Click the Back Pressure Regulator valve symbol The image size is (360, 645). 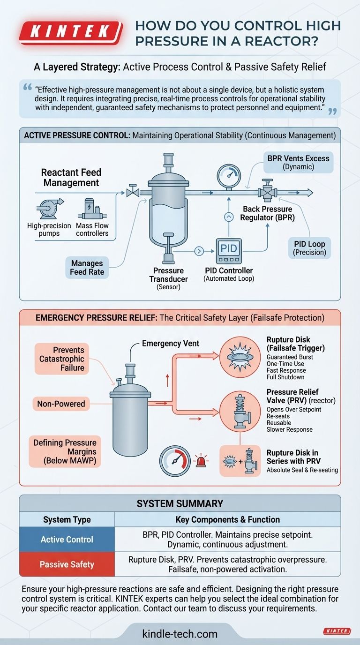[267, 192]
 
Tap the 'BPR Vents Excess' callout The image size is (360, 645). [298, 162]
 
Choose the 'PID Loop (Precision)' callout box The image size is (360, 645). [309, 247]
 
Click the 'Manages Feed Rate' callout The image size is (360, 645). [87, 267]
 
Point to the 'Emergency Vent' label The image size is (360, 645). [171, 344]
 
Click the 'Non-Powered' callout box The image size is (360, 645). [61, 403]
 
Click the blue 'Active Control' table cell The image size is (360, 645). [67, 539]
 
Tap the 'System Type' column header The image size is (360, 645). [67, 519]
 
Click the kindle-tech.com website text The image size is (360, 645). [180, 634]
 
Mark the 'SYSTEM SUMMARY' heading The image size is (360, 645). [180, 503]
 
